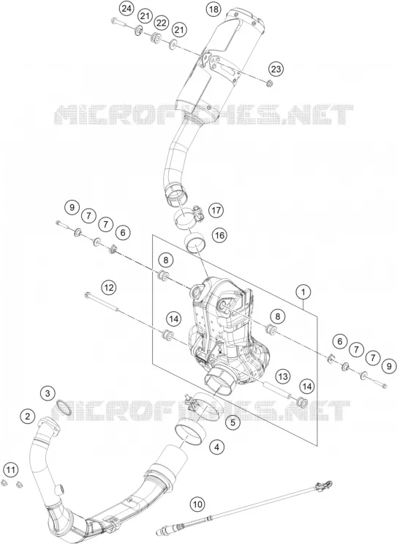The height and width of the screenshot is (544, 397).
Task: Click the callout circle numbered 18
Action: tap(213, 9)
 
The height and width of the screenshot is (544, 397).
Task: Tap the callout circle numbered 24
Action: tap(126, 8)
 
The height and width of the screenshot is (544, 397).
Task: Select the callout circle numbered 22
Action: tap(161, 23)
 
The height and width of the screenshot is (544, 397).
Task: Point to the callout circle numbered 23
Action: tap(276, 69)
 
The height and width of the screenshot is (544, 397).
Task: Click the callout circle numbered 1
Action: tap(303, 292)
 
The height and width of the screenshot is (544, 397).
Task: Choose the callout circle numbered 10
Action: tap(197, 504)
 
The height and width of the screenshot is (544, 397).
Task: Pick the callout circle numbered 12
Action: tap(109, 288)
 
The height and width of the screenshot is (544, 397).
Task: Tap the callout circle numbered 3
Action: tap(48, 393)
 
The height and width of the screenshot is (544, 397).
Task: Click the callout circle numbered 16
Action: tap(219, 236)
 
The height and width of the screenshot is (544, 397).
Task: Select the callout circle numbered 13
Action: tap(283, 376)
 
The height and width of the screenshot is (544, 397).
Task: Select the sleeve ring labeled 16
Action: tap(195, 242)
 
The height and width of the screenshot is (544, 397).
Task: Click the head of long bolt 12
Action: tap(87, 296)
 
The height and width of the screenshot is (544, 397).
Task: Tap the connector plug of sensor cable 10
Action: tap(323, 485)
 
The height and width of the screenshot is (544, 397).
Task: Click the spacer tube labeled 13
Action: tap(276, 390)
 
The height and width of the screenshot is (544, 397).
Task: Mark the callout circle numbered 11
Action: tap(10, 470)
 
